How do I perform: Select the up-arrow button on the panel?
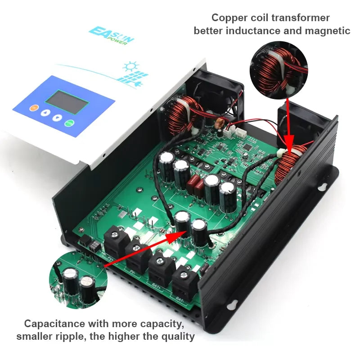click(x=45, y=112)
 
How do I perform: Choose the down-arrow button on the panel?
click(x=57, y=118)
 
